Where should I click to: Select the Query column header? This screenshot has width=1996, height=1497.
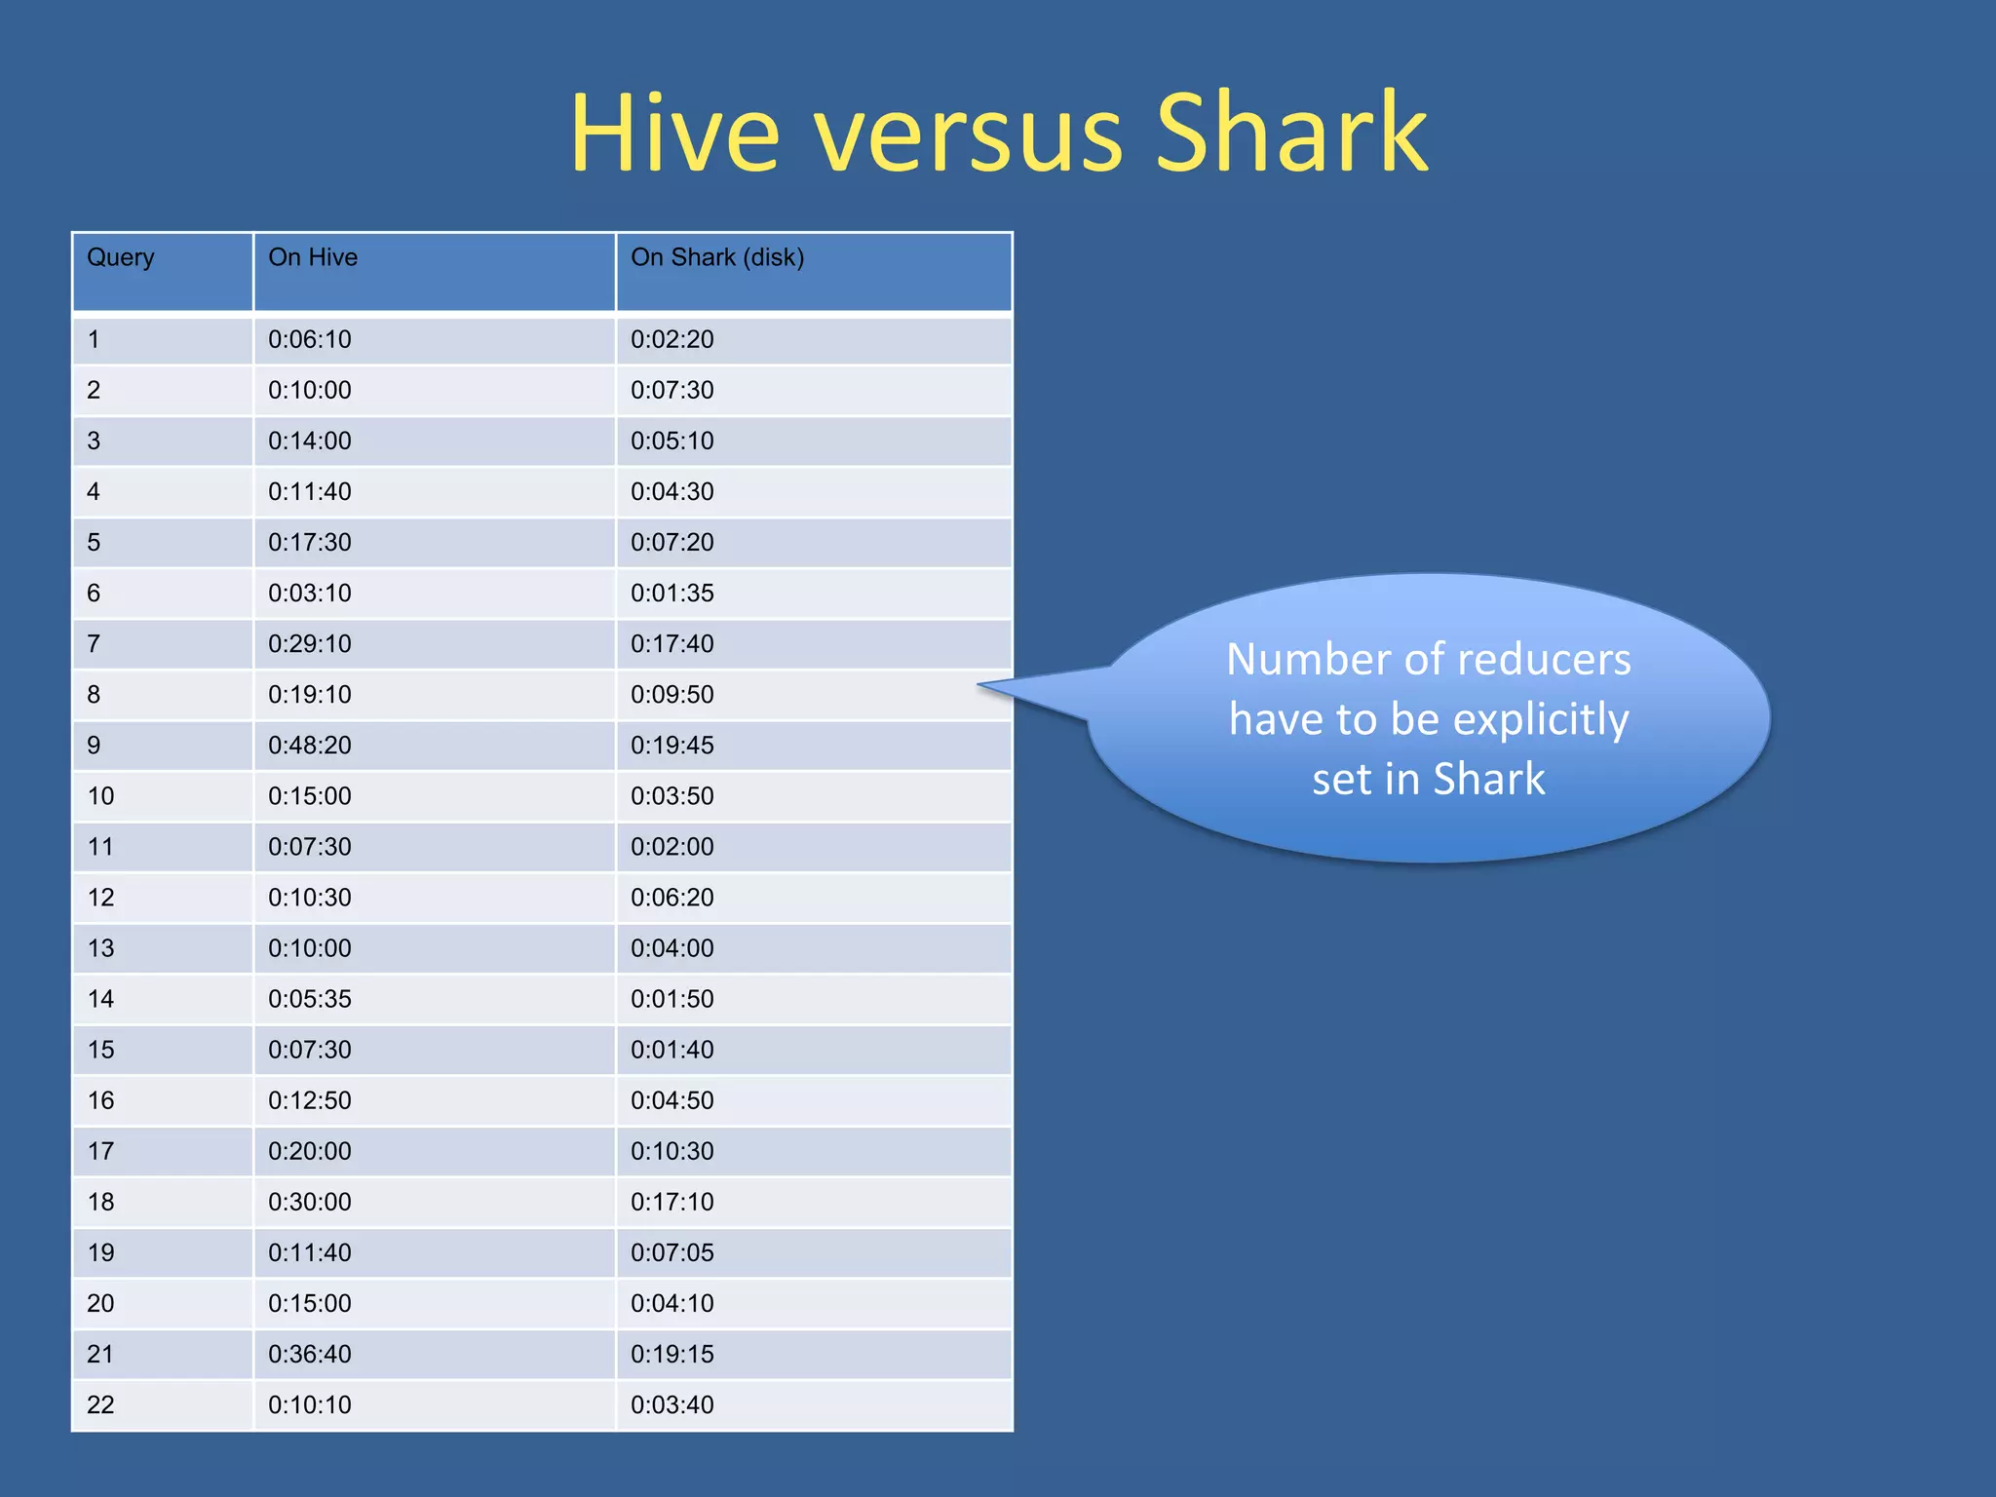click(121, 257)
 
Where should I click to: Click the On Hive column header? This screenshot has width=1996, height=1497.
click(313, 257)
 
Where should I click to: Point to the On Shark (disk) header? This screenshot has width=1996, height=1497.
click(717, 257)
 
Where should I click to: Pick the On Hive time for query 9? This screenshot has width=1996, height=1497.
click(310, 746)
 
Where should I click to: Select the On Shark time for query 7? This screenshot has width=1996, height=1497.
click(672, 644)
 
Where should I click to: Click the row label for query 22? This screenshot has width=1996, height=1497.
click(100, 1405)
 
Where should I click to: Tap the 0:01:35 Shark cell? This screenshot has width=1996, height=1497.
click(672, 594)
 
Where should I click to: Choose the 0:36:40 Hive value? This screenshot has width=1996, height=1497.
click(310, 1355)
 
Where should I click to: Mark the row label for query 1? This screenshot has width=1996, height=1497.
click(94, 340)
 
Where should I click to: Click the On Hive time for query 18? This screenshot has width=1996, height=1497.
click(310, 1203)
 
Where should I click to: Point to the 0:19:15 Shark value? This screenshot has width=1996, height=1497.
click(672, 1355)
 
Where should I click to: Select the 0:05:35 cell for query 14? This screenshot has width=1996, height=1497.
click(310, 1000)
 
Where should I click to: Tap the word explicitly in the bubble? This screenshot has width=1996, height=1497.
click(1541, 720)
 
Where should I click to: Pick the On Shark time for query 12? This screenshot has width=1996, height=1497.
click(672, 898)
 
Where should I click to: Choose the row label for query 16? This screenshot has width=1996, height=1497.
click(101, 1101)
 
